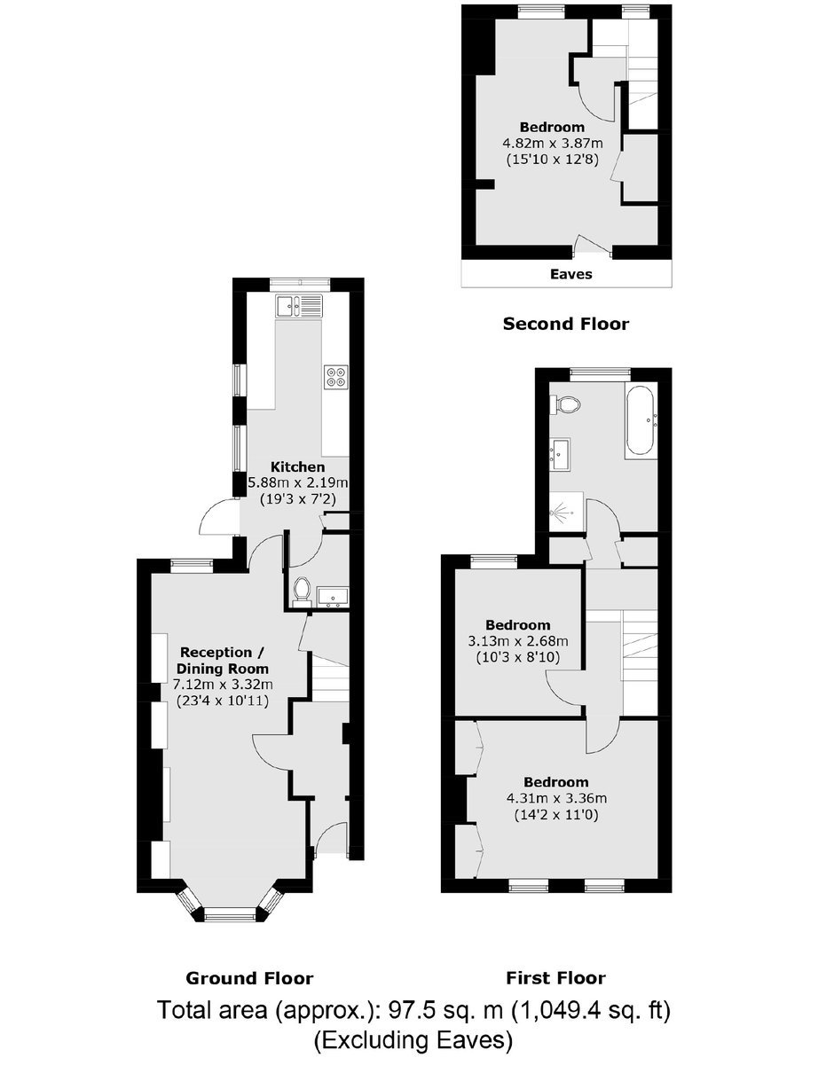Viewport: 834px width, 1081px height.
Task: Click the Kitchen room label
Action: [x=297, y=467]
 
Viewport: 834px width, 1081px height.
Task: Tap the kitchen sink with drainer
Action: [x=299, y=306]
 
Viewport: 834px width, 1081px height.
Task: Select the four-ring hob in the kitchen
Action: [x=336, y=377]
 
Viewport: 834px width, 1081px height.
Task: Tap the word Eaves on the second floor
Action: [x=570, y=274]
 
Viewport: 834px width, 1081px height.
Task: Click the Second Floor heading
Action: [x=566, y=324]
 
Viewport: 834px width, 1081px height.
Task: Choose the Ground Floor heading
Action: [x=249, y=978]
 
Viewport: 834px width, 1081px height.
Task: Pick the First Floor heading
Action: [x=555, y=978]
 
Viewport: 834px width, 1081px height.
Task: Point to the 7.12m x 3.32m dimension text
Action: [x=223, y=684]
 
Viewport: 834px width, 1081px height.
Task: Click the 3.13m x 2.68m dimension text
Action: [x=518, y=641]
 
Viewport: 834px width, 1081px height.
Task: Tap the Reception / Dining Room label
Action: [x=223, y=660]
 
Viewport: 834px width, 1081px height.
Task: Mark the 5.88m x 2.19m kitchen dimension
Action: [x=297, y=482]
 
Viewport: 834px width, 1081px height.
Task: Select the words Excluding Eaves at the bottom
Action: [x=413, y=1041]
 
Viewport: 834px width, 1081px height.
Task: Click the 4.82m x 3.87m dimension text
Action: [x=553, y=144]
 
